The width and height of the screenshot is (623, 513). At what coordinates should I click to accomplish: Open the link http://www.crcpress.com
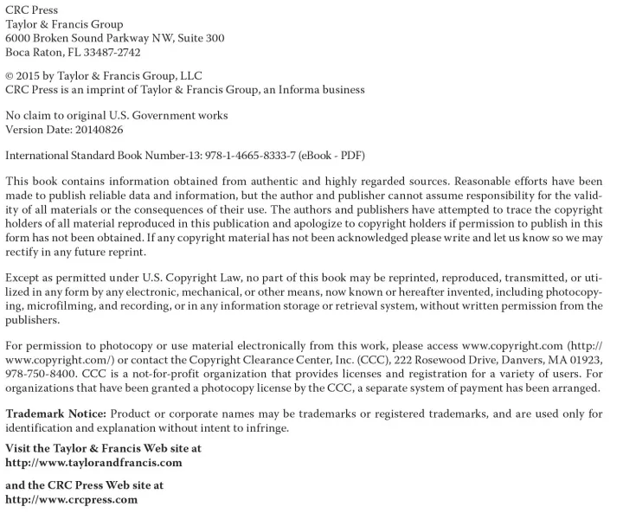[71, 499]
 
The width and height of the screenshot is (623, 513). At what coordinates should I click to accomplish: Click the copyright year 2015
[33, 75]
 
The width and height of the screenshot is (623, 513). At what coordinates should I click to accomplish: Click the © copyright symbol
[10, 75]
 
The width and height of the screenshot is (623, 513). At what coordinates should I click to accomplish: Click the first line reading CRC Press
[32, 10]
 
